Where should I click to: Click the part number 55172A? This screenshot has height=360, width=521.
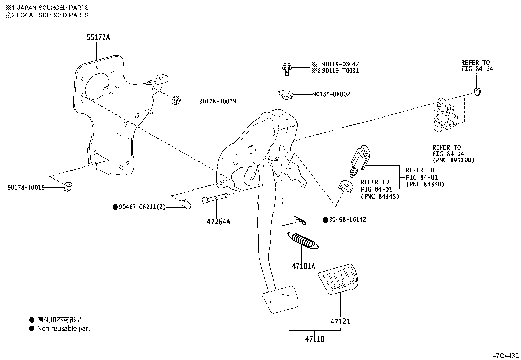coord(98,37)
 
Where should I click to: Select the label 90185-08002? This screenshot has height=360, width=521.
coord(331,94)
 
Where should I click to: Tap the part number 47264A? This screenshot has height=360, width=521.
coord(218,222)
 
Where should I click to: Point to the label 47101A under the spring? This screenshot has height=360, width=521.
coord(303,266)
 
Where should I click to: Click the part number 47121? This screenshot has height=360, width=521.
coord(340,322)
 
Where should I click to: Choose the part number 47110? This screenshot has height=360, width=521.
coord(314,339)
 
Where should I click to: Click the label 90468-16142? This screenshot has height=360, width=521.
coord(347,220)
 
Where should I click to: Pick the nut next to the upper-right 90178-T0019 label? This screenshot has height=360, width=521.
coord(176,101)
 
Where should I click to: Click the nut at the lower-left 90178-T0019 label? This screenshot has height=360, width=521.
coord(68,187)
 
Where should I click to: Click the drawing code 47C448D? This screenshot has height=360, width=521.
coord(506,356)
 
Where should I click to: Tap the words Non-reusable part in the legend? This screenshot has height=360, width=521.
coord(63,329)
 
